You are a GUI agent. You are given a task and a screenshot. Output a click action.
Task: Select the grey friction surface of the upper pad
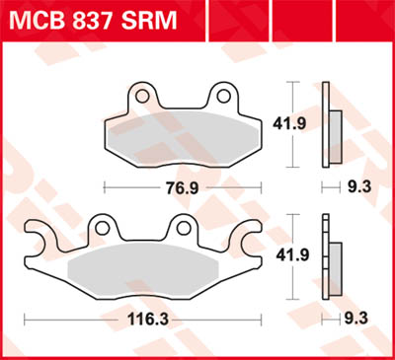pyautogui.click(x=183, y=138)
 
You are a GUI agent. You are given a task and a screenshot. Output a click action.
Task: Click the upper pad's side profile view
pyautogui.click(x=329, y=125)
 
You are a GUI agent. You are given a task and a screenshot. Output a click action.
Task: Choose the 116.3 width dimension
pyautogui.click(x=143, y=321)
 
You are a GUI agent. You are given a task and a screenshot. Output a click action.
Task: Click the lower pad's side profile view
pyautogui.click(x=329, y=258)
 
